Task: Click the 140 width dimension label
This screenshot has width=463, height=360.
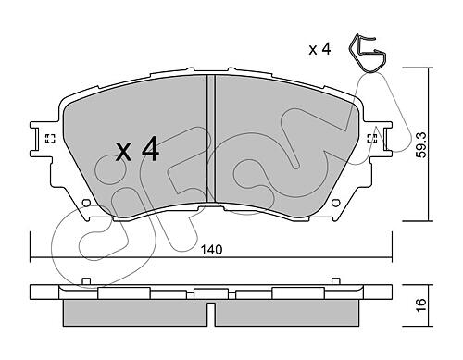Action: (211, 250)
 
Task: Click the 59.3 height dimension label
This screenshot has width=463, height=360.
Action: (421, 145)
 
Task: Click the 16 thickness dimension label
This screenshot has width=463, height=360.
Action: (421, 305)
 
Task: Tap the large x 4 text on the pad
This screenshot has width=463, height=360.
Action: (138, 150)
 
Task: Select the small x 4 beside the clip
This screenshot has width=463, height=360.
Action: (319, 49)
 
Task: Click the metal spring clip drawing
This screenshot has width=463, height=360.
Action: (368, 53)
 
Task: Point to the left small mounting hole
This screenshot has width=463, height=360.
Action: (87, 203)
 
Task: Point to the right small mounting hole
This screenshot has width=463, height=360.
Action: (336, 203)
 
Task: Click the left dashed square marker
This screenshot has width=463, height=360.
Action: (50, 139)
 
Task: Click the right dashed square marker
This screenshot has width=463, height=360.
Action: (372, 139)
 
